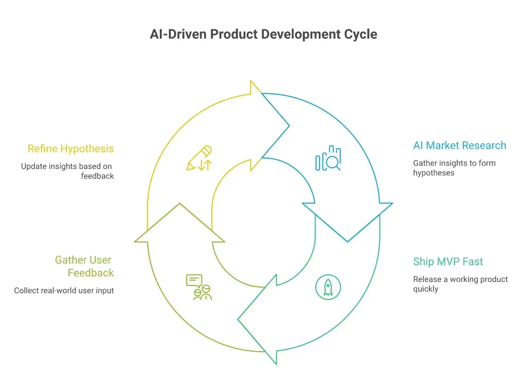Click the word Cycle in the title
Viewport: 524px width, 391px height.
pos(360,34)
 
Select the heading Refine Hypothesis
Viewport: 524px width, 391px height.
pos(71,149)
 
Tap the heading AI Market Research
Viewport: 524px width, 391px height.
pos(459,145)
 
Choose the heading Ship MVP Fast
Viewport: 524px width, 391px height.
pos(448,261)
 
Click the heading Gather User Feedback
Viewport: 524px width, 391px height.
pos(84,266)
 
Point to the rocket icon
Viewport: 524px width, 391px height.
pos(328,287)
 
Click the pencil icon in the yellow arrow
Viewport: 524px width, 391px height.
pos(199,158)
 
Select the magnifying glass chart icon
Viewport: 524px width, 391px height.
pos(328,158)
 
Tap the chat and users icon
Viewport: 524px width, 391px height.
pos(199,287)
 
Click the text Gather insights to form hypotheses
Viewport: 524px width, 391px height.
pos(454,168)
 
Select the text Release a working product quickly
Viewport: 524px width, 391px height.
pos(460,284)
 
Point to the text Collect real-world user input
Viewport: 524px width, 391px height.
pos(64,291)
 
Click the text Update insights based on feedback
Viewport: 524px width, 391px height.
pos(67,171)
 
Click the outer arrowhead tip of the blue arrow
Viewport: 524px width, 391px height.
pos(347,242)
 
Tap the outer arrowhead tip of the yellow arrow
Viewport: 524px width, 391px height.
pos(289,126)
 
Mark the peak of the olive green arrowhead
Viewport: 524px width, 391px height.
pos(179,203)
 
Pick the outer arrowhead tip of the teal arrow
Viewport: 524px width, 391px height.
pos(238,319)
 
